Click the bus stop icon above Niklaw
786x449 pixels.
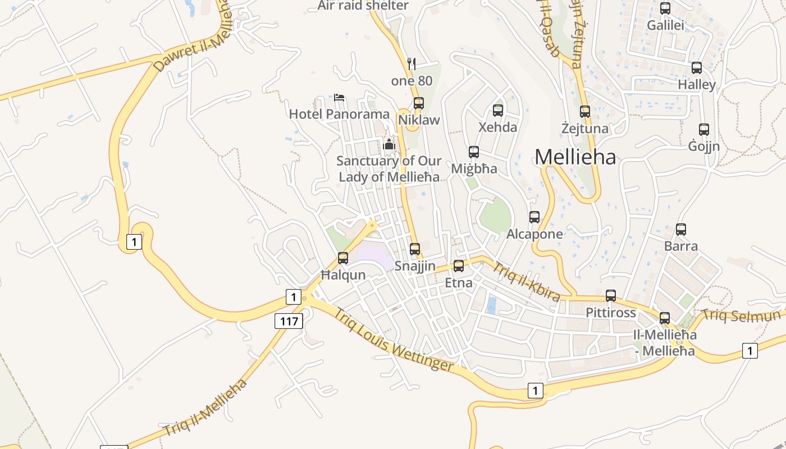(x=418, y=103)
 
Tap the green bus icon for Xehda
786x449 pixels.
(x=498, y=111)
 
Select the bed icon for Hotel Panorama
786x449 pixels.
(x=339, y=97)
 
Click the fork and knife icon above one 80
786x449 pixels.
(x=412, y=63)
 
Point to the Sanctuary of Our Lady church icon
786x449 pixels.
(x=389, y=144)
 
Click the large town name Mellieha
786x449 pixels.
(x=575, y=157)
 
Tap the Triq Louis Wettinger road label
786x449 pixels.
(x=394, y=340)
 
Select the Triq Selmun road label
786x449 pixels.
(x=742, y=315)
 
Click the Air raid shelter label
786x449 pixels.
(x=363, y=6)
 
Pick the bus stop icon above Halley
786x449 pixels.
(x=697, y=68)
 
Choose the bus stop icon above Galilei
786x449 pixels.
(x=665, y=8)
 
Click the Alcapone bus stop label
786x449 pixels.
(x=534, y=234)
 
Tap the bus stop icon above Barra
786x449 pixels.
(x=681, y=230)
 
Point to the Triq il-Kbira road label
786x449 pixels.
(x=526, y=281)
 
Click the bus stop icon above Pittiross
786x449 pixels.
(x=611, y=296)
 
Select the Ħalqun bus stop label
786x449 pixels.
(x=343, y=275)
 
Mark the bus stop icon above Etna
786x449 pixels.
(x=459, y=266)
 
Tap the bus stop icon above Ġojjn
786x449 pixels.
(x=704, y=130)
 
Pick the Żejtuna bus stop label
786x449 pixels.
(x=585, y=129)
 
